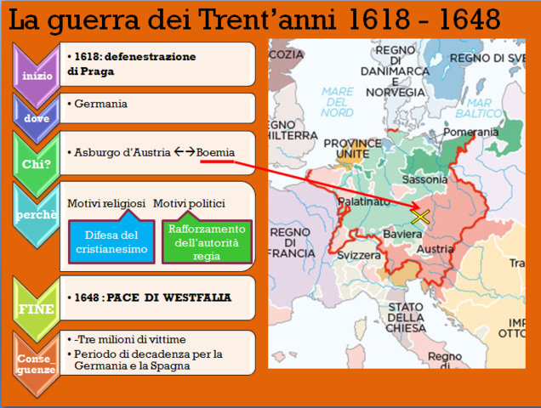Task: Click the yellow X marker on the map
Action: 419,216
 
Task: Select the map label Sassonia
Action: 424,179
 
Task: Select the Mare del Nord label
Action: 337,101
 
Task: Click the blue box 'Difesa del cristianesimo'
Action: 109,241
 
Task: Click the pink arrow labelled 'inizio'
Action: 36,74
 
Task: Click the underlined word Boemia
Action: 216,152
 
